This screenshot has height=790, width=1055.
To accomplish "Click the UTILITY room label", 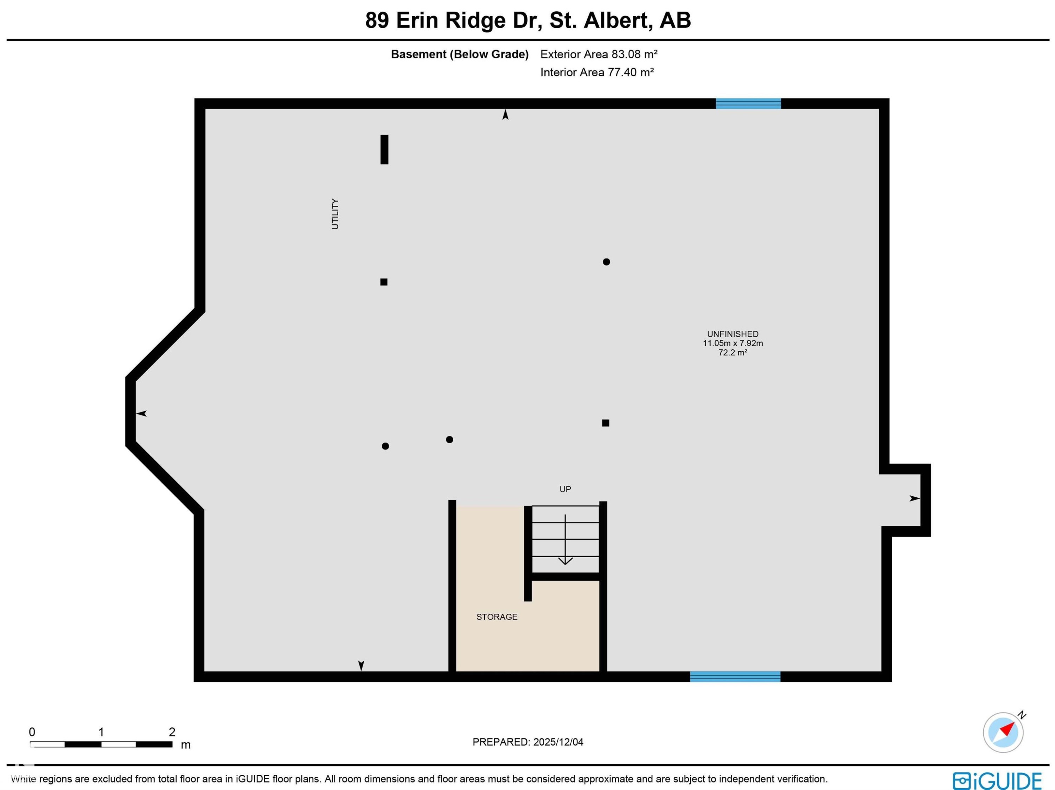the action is [x=335, y=214].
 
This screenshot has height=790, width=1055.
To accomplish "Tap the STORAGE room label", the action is [x=497, y=617].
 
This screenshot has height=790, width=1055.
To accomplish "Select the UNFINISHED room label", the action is [x=733, y=334].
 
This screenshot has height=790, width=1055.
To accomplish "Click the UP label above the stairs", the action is [x=565, y=489].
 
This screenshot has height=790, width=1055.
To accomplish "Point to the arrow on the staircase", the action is [x=565, y=540].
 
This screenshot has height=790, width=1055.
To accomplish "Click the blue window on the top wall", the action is [x=748, y=103].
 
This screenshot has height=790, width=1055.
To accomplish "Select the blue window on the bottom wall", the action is [x=735, y=676].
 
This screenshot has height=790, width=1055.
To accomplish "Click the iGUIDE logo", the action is [x=997, y=781].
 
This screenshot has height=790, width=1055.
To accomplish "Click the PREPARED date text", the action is [x=528, y=742].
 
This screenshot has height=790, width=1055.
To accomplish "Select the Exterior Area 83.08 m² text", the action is [x=599, y=55].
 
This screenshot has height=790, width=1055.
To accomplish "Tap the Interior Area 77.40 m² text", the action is [x=597, y=72].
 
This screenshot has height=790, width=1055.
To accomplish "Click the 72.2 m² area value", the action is [x=733, y=352].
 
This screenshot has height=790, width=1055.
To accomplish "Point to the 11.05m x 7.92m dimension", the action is [x=733, y=343].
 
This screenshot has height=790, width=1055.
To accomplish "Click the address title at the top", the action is [x=528, y=20].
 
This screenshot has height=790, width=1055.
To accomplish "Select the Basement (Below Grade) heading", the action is [x=460, y=55].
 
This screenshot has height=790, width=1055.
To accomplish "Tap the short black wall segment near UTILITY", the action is [x=384, y=149].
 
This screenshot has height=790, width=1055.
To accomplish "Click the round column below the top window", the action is [x=606, y=262].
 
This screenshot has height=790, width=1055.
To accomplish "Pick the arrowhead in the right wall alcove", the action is [x=914, y=498].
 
